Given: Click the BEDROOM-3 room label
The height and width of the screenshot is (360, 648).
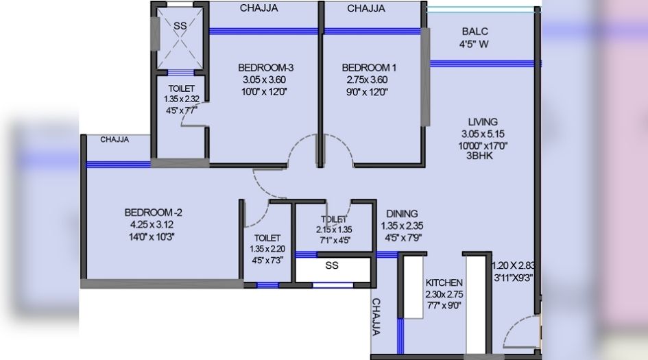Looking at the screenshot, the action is [x=266, y=67].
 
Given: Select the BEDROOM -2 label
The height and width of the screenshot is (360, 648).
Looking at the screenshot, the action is [x=154, y=213].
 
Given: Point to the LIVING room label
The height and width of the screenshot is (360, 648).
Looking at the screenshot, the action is [x=483, y=122].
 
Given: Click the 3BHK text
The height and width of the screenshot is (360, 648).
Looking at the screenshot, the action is [x=479, y=156].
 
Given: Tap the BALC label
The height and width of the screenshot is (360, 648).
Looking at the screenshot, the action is [x=475, y=32].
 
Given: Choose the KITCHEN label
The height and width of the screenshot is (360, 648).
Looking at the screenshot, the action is [x=444, y=283].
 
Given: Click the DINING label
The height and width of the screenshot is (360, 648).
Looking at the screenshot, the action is [x=402, y=214].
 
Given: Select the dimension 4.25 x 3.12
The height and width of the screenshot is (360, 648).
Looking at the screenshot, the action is [x=152, y=224].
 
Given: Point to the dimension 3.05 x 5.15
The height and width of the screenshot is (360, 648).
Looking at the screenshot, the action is [x=483, y=134].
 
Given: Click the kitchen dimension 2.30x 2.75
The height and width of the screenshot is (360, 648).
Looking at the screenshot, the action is [x=444, y=294].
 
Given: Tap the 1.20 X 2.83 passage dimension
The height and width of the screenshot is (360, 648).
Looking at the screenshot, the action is [x=514, y=265].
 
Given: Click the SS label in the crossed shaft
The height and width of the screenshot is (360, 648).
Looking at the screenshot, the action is [x=180, y=26].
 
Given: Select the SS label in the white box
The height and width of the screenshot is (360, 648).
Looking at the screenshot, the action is [x=332, y=265].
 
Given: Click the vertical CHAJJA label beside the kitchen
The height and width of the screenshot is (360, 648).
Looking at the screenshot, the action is [x=376, y=317].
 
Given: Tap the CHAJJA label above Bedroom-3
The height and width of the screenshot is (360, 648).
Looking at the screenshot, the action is [x=259, y=8].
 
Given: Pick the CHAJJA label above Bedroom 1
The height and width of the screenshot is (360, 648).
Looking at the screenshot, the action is [x=366, y=8].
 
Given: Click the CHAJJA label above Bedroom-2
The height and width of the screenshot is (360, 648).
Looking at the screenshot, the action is [x=115, y=140].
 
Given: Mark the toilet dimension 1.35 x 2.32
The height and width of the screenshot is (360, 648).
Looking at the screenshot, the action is [x=182, y=99].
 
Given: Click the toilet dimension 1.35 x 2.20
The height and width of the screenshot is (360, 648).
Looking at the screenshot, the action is [x=267, y=249].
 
